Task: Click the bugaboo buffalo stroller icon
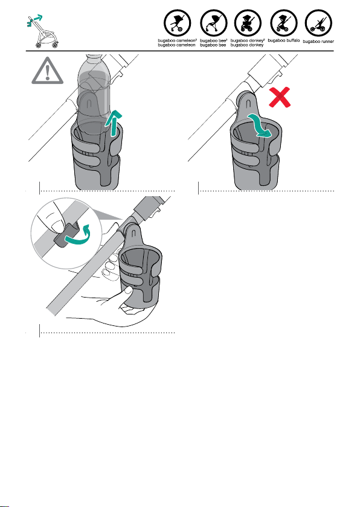[284, 24]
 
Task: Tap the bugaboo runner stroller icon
[318, 24]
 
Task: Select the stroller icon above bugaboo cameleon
[177, 24]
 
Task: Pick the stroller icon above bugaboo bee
[213, 24]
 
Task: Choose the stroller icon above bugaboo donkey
[248, 24]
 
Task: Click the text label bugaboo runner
[318, 42]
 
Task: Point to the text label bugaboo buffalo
[284, 40]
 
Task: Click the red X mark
[280, 97]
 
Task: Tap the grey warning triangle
[47, 72]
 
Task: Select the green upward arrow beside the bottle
[114, 123]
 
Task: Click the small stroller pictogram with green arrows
[42, 31]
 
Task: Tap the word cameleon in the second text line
[186, 45]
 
